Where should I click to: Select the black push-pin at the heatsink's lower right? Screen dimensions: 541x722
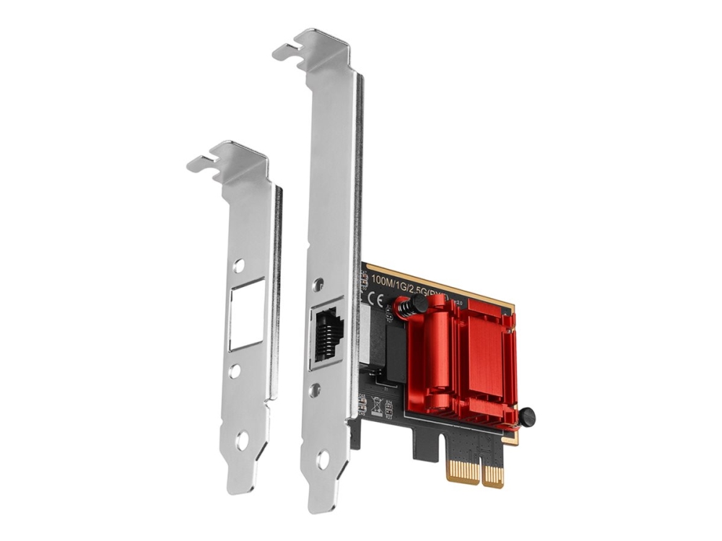coord(526,416)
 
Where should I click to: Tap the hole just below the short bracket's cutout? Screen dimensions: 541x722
coord(235,371)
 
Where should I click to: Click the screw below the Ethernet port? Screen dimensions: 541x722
coord(315,390)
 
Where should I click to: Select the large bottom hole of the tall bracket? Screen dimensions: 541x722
coord(323,457)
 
